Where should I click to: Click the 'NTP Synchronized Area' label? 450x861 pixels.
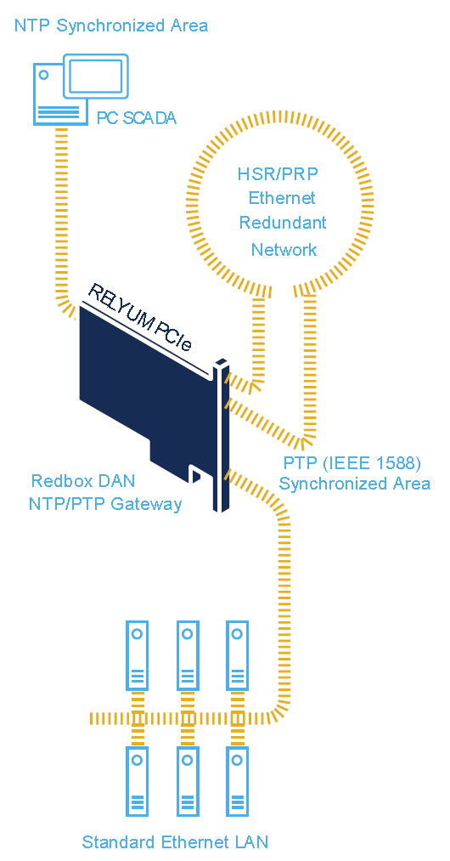[111, 25]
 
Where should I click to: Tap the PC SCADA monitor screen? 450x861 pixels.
[96, 76]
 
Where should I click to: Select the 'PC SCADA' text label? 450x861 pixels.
[137, 118]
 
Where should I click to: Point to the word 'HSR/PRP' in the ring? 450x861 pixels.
[278, 174]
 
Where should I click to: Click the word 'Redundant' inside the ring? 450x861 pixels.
[284, 223]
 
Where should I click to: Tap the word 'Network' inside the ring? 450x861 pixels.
[284, 250]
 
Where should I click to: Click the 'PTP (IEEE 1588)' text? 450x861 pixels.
[352, 464]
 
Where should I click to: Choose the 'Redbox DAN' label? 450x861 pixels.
[83, 481]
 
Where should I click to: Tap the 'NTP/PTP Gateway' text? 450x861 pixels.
[105, 503]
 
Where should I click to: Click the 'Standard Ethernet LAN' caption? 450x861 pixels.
[175, 841]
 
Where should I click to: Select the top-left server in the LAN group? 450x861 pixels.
[138, 655]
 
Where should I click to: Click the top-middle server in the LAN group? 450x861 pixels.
[188, 655]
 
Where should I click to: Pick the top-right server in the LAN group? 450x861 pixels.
[237, 655]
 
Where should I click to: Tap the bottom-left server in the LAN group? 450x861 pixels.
[138, 781]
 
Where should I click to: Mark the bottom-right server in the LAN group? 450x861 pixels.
[237, 781]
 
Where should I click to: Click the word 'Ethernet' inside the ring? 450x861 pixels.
[282, 198]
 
